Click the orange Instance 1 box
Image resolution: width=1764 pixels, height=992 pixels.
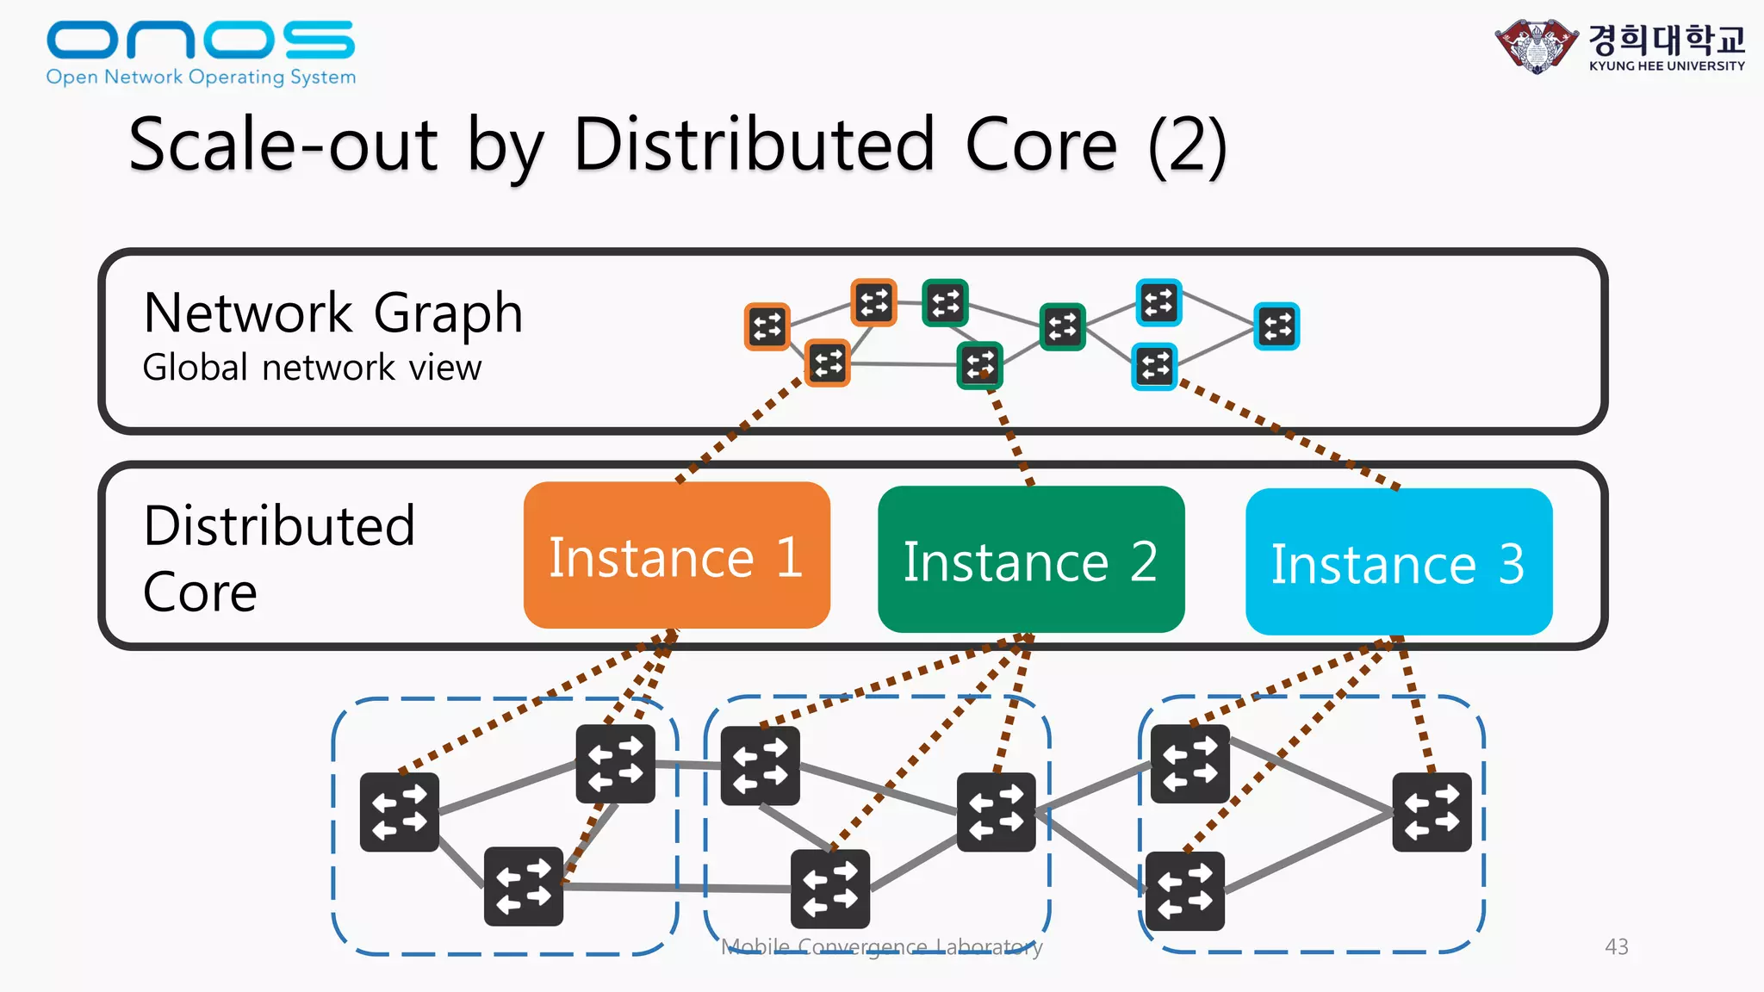pyautogui.click(x=676, y=555)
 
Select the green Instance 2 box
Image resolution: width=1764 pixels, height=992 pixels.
pyautogui.click(x=1031, y=560)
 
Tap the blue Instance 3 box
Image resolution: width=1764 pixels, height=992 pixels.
pyautogui.click(x=1399, y=562)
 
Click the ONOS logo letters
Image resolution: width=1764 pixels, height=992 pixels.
pyautogui.click(x=200, y=40)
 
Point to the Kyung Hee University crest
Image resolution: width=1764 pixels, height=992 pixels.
pyautogui.click(x=1536, y=46)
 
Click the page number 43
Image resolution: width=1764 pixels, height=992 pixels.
pyautogui.click(x=1616, y=946)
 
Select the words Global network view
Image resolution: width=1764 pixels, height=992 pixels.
pyautogui.click(x=312, y=368)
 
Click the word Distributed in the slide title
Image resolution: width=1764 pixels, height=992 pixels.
pyautogui.click(x=753, y=145)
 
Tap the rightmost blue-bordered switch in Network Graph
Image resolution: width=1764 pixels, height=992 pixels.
pyautogui.click(x=1276, y=326)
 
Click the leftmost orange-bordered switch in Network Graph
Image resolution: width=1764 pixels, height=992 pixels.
pyautogui.click(x=767, y=327)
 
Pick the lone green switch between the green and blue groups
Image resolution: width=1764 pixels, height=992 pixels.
pyautogui.click(x=1062, y=326)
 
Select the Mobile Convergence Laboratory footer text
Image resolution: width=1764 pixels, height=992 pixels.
pyautogui.click(x=881, y=947)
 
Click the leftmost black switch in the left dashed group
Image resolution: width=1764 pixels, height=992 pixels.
pyautogui.click(x=400, y=812)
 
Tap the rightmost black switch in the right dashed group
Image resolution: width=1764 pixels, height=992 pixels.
pyautogui.click(x=1432, y=812)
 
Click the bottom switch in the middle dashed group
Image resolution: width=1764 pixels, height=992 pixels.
pyautogui.click(x=830, y=889)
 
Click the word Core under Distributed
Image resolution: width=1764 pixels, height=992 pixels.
pyautogui.click(x=200, y=592)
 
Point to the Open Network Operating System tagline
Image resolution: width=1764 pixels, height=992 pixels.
pyautogui.click(x=201, y=77)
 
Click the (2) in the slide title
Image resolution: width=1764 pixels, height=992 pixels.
pyautogui.click(x=1187, y=146)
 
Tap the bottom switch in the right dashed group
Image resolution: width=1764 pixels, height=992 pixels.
pyautogui.click(x=1185, y=890)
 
